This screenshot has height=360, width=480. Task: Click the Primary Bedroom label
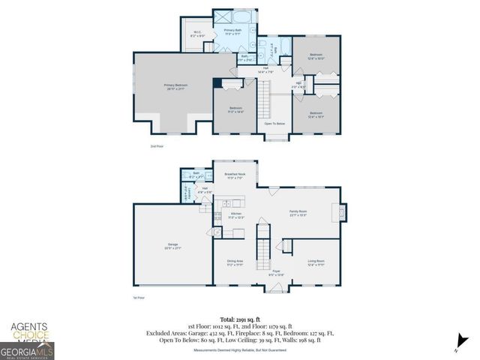(175, 86)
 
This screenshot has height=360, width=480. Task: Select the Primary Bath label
(232, 31)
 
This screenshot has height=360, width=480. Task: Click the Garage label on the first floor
(172, 246)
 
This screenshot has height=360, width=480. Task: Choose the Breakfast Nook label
(235, 175)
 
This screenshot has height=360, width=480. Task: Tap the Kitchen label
(235, 214)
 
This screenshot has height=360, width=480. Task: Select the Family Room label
(298, 213)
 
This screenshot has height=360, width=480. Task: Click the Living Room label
(316, 262)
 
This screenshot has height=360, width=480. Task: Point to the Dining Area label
(235, 262)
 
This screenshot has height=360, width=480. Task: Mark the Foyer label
(276, 272)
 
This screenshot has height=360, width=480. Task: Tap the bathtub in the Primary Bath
(245, 16)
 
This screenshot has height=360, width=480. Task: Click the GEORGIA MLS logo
(27, 350)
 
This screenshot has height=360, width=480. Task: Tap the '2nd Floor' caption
(157, 145)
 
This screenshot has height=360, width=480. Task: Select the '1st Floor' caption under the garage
(139, 298)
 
